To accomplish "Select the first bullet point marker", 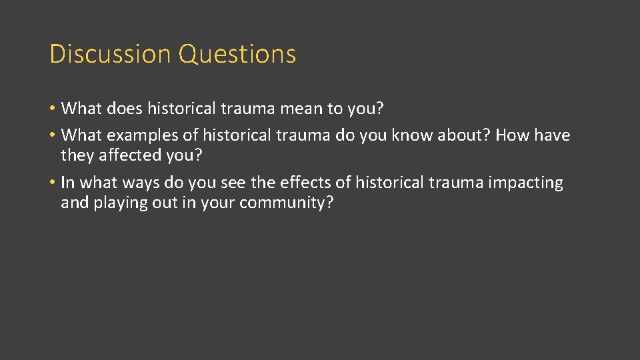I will pyautogui.click(x=53, y=108).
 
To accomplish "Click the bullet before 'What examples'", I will pyautogui.click(x=53, y=135).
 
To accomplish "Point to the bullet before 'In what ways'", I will pyautogui.click(x=53, y=183).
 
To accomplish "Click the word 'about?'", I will pyautogui.click(x=466, y=135).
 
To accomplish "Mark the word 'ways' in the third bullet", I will pyautogui.click(x=129, y=183).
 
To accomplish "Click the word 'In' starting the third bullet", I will pyautogui.click(x=68, y=183).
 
